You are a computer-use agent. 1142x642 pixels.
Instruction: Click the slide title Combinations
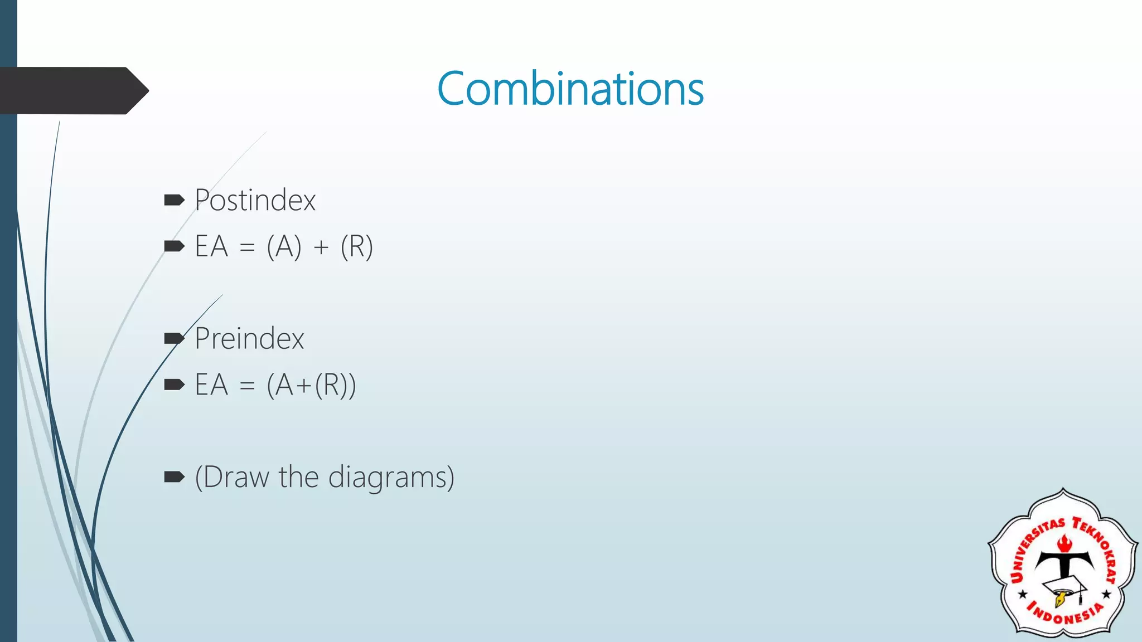tap(570, 89)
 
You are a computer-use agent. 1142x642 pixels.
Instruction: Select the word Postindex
tap(255, 200)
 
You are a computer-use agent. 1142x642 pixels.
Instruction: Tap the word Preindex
tap(249, 338)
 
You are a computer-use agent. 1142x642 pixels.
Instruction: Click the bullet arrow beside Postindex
tap(174, 200)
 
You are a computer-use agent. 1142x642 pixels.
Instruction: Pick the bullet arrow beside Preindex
tap(174, 338)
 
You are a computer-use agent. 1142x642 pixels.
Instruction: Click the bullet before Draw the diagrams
tap(174, 476)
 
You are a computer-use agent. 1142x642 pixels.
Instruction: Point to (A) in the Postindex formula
tap(284, 246)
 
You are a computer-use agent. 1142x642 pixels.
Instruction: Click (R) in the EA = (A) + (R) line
tap(356, 246)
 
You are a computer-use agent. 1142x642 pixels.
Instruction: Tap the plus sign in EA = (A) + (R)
tap(321, 247)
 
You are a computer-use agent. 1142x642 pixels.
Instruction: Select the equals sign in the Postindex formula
tap(247, 247)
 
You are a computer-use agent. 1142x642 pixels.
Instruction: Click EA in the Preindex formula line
tap(211, 385)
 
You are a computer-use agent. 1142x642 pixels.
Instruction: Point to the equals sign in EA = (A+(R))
tap(247, 386)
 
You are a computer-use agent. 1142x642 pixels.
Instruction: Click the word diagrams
tap(391, 478)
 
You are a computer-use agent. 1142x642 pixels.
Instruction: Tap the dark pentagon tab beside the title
tap(72, 90)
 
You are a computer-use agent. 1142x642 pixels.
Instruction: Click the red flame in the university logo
tap(1064, 543)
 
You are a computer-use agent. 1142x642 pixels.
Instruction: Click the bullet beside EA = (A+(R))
tap(174, 385)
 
